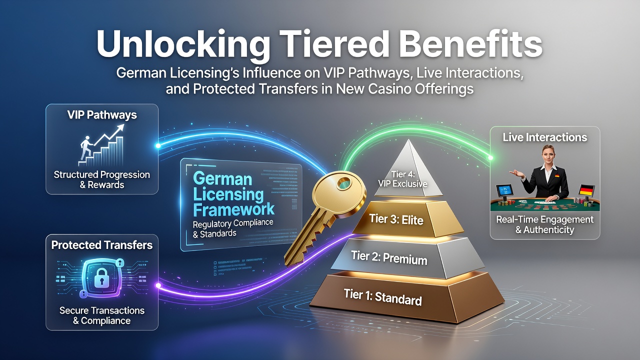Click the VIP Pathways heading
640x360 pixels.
click(x=102, y=115)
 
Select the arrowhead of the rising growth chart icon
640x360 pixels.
click(x=120, y=127)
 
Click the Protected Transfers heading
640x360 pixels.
click(x=102, y=245)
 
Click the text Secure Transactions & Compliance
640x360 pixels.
click(x=102, y=315)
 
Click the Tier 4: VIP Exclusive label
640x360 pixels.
click(x=403, y=179)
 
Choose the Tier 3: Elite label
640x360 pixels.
click(x=396, y=219)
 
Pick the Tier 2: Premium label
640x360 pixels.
click(x=389, y=257)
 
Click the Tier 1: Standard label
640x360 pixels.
click(x=383, y=297)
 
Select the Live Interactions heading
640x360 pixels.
click(x=545, y=137)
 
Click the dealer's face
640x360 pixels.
click(x=547, y=154)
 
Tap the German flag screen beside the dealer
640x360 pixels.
click(x=587, y=190)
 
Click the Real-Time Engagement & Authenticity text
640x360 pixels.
click(x=545, y=224)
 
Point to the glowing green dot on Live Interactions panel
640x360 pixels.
click(x=490, y=157)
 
